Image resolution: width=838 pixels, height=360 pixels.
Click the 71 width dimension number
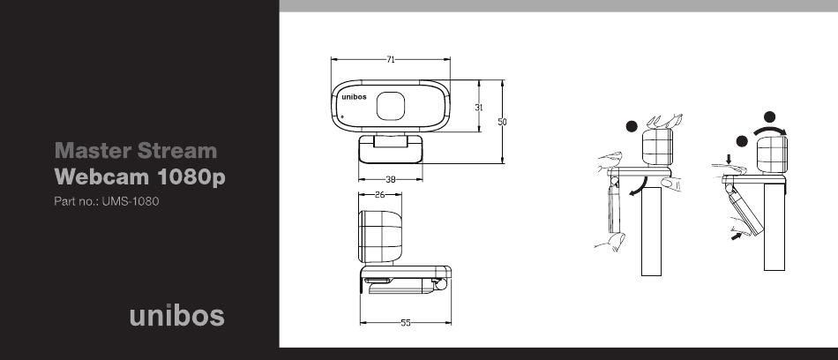click(x=391, y=59)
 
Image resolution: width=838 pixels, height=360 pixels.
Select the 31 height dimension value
click(x=479, y=107)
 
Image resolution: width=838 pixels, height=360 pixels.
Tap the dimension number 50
click(x=503, y=122)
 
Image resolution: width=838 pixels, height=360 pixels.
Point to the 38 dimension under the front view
click(x=391, y=180)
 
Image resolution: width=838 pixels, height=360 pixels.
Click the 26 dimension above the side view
click(x=380, y=195)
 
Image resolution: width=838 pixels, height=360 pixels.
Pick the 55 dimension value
click(x=406, y=323)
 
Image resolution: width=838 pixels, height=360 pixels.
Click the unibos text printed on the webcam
click(x=355, y=97)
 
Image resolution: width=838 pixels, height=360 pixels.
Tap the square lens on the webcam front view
click(x=391, y=106)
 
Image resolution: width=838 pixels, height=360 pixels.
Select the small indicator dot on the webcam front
click(x=342, y=116)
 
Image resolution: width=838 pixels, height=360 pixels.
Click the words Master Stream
click(x=136, y=151)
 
